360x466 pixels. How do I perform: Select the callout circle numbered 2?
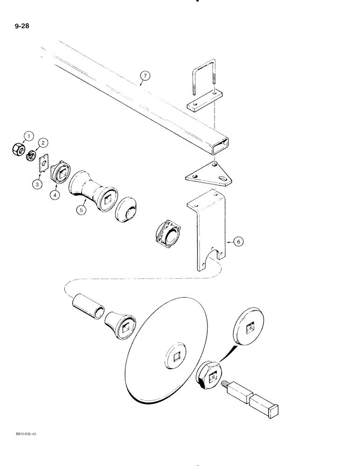(x=44, y=142)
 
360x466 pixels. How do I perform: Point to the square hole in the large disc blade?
(x=176, y=358)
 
